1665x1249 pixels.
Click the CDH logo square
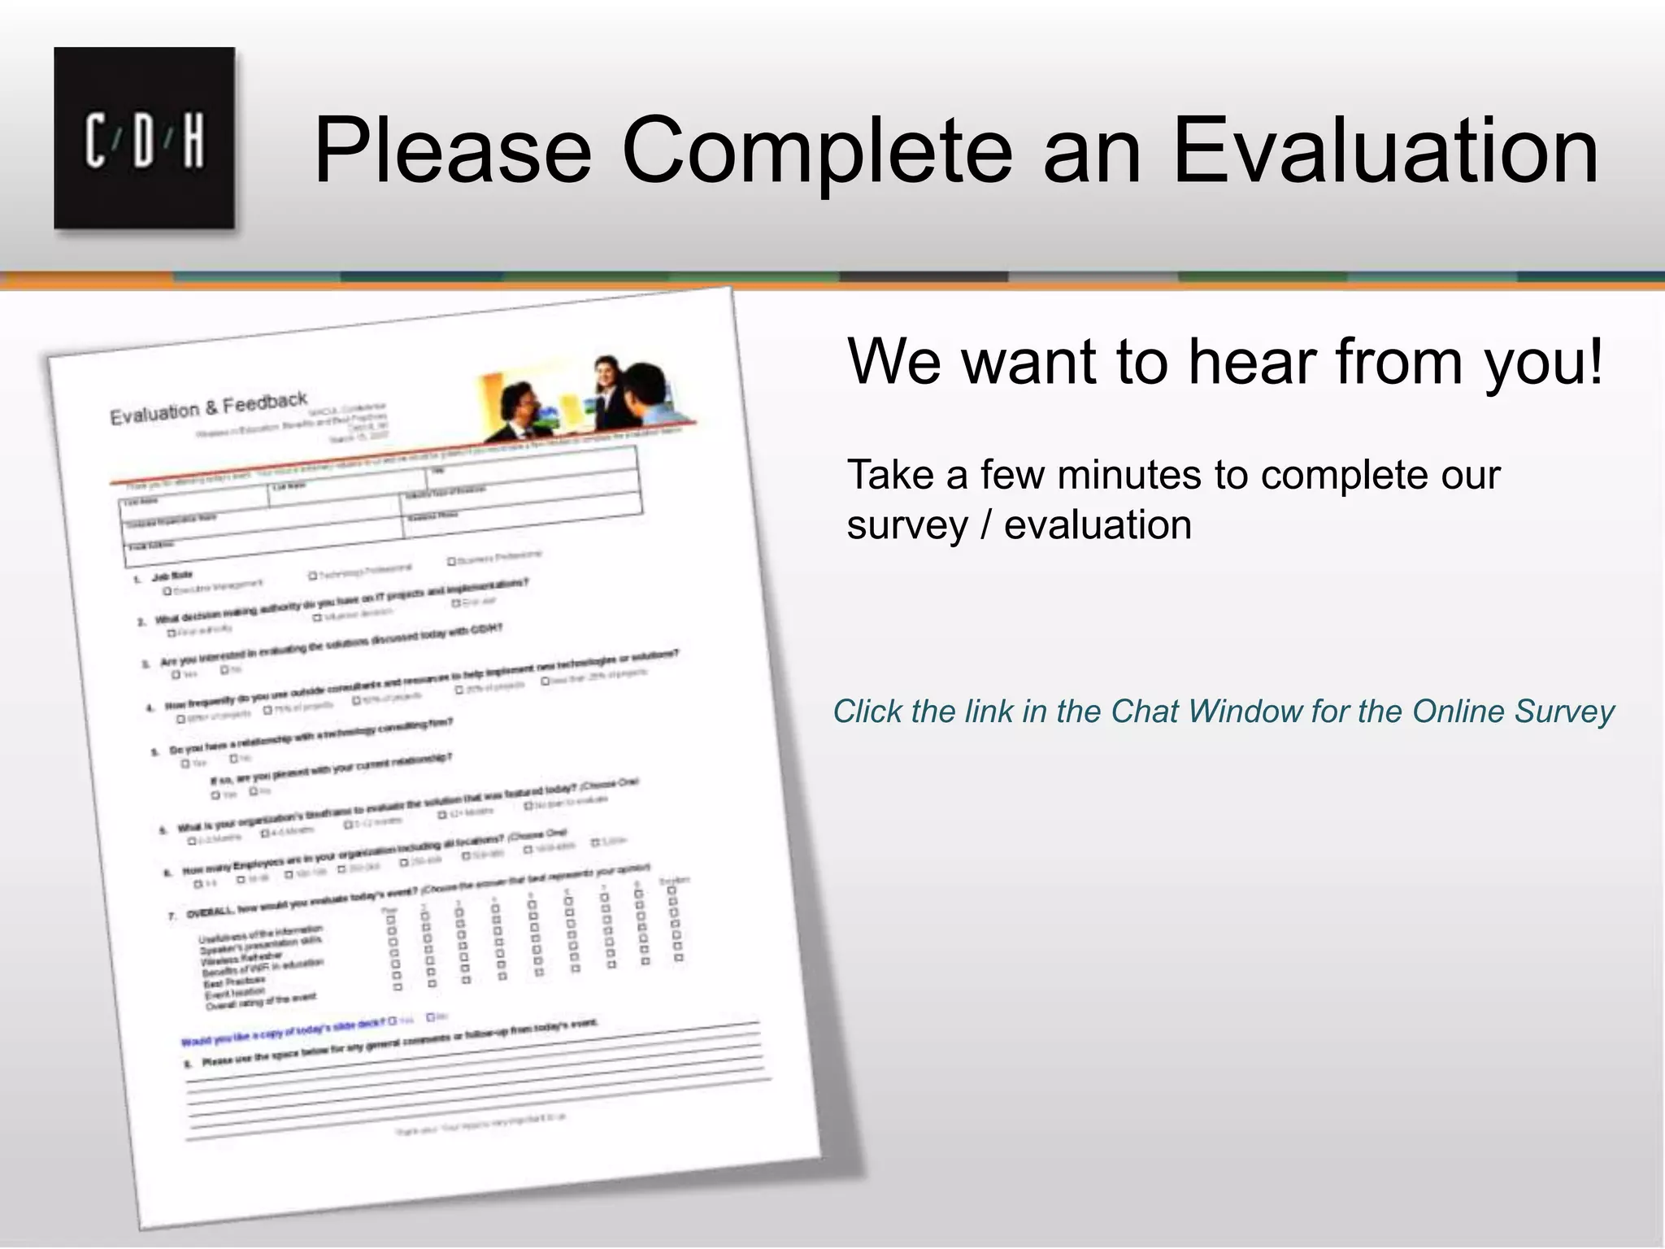(x=144, y=137)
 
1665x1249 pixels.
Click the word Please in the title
(x=452, y=151)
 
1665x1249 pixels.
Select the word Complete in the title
(x=816, y=151)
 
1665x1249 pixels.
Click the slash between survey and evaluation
(x=986, y=525)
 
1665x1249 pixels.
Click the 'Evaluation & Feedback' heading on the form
(x=209, y=408)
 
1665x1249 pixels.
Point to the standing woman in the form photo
(x=609, y=391)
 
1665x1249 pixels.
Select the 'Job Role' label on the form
(x=172, y=576)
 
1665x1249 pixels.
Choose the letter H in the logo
(x=193, y=141)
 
